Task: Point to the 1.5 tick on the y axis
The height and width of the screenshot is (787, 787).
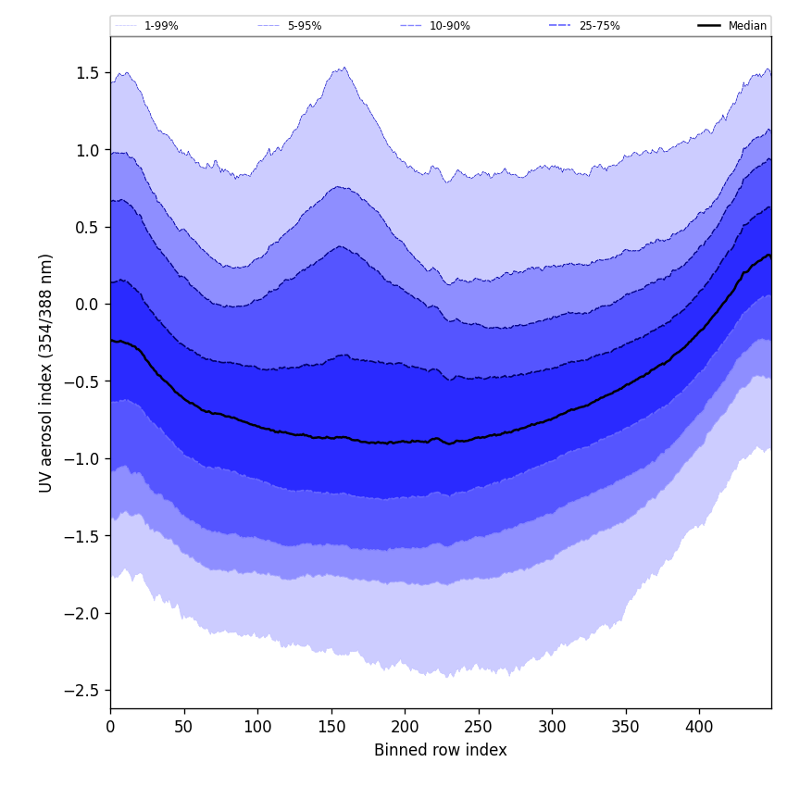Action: (x=87, y=73)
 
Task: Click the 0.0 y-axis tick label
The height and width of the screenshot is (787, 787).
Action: (x=87, y=305)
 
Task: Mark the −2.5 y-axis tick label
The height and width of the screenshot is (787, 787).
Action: (x=82, y=691)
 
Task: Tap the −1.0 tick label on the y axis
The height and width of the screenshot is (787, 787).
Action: (x=82, y=459)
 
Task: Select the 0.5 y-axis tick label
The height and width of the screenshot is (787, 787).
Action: (x=87, y=228)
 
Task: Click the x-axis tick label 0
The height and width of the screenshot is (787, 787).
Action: (x=110, y=727)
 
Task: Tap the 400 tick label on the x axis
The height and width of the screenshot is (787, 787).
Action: (x=699, y=727)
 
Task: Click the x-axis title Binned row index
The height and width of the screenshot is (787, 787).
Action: (x=440, y=750)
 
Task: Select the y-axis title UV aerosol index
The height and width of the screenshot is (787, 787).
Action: (x=46, y=372)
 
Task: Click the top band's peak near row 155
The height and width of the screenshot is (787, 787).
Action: (x=344, y=68)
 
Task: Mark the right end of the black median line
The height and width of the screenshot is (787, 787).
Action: (x=770, y=256)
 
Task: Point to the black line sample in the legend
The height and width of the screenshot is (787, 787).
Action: (x=710, y=26)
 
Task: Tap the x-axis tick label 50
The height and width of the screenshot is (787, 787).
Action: (x=184, y=727)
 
